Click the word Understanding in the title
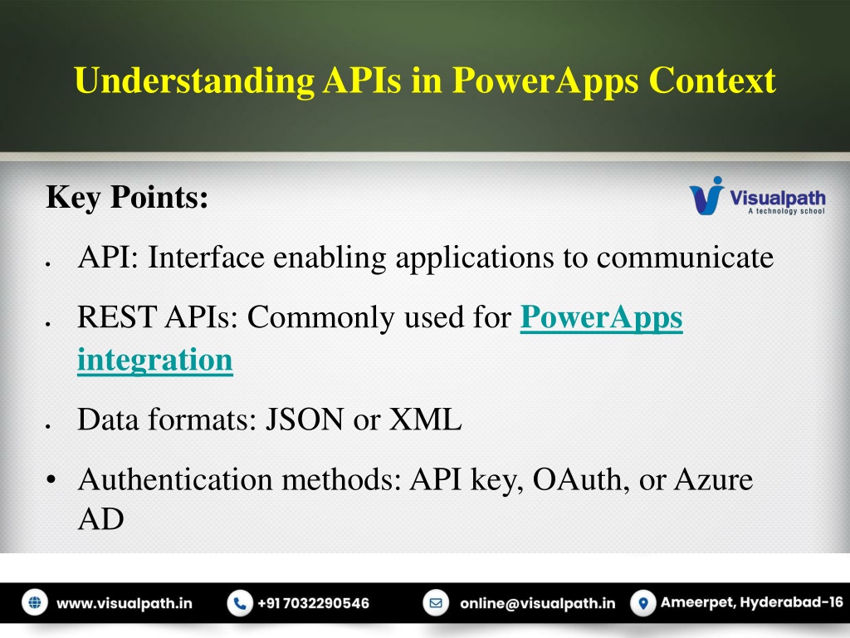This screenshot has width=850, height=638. point(194,81)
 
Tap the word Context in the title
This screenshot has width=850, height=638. point(711,81)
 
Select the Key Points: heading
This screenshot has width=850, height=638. point(127,197)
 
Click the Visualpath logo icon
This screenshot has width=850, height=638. point(707,195)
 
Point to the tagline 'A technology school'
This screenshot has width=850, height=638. point(787,211)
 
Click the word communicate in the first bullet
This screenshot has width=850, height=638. point(685,258)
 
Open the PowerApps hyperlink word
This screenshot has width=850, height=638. point(601,317)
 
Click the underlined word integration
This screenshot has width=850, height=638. point(155,360)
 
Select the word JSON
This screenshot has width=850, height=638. point(304,420)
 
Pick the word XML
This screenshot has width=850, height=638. point(426,420)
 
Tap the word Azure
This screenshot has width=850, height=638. point(713,480)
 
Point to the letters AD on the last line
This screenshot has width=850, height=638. point(100,519)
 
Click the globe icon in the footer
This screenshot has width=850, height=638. point(35,603)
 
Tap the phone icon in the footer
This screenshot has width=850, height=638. point(240,603)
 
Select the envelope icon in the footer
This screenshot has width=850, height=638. point(436,603)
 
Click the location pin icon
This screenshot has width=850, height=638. point(643,603)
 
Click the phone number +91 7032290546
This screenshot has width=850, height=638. point(313,603)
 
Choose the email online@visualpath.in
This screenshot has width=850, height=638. point(538,603)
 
